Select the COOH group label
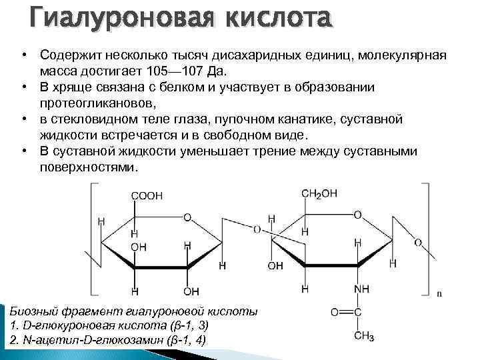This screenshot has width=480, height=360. click(x=146, y=196)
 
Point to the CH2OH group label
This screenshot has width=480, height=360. click(x=319, y=193)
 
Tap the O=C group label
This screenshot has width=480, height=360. click(x=346, y=311)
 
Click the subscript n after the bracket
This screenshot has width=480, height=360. click(x=439, y=293)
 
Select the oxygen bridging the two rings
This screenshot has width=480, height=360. click(x=257, y=229)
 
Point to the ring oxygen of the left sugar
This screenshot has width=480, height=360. click(x=187, y=217)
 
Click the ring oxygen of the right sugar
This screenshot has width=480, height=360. click(x=357, y=215)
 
